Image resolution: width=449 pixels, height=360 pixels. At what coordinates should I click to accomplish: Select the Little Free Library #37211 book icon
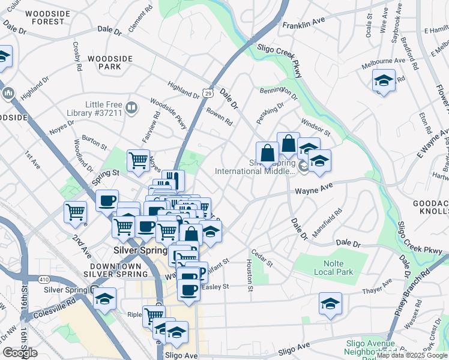131,108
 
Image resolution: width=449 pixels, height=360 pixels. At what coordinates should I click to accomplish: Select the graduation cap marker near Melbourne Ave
384,80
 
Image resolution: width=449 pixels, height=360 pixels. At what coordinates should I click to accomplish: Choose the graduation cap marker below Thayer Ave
330,303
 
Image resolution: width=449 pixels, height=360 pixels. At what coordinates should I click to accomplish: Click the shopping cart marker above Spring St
138,160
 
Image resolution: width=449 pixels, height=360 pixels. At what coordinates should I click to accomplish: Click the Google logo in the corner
20,353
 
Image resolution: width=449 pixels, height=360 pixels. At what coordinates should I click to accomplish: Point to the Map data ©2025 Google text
412,355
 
